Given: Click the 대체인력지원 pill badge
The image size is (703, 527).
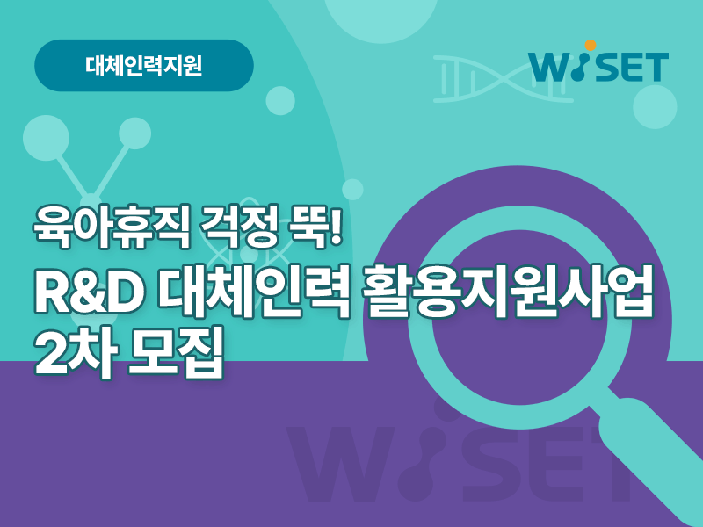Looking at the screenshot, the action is (144, 65).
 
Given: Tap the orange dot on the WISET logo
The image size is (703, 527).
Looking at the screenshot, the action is (591, 46).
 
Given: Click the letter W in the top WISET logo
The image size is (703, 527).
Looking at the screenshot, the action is (552, 68).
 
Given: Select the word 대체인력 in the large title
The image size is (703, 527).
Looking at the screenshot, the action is (253, 292).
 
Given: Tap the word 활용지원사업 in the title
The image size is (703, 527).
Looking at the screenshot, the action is (507, 292).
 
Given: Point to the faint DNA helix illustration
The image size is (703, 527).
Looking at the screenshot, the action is (503, 79).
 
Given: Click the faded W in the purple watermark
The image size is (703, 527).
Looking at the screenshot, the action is (342, 464).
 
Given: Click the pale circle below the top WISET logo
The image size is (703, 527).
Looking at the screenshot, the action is (655, 106).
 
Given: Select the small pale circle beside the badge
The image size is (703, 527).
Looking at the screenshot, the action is (280, 101).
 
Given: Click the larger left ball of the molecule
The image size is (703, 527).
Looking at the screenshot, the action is (46, 138).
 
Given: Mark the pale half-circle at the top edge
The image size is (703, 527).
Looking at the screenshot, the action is (380, 18).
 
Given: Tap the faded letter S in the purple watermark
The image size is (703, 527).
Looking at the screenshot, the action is (493, 464).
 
